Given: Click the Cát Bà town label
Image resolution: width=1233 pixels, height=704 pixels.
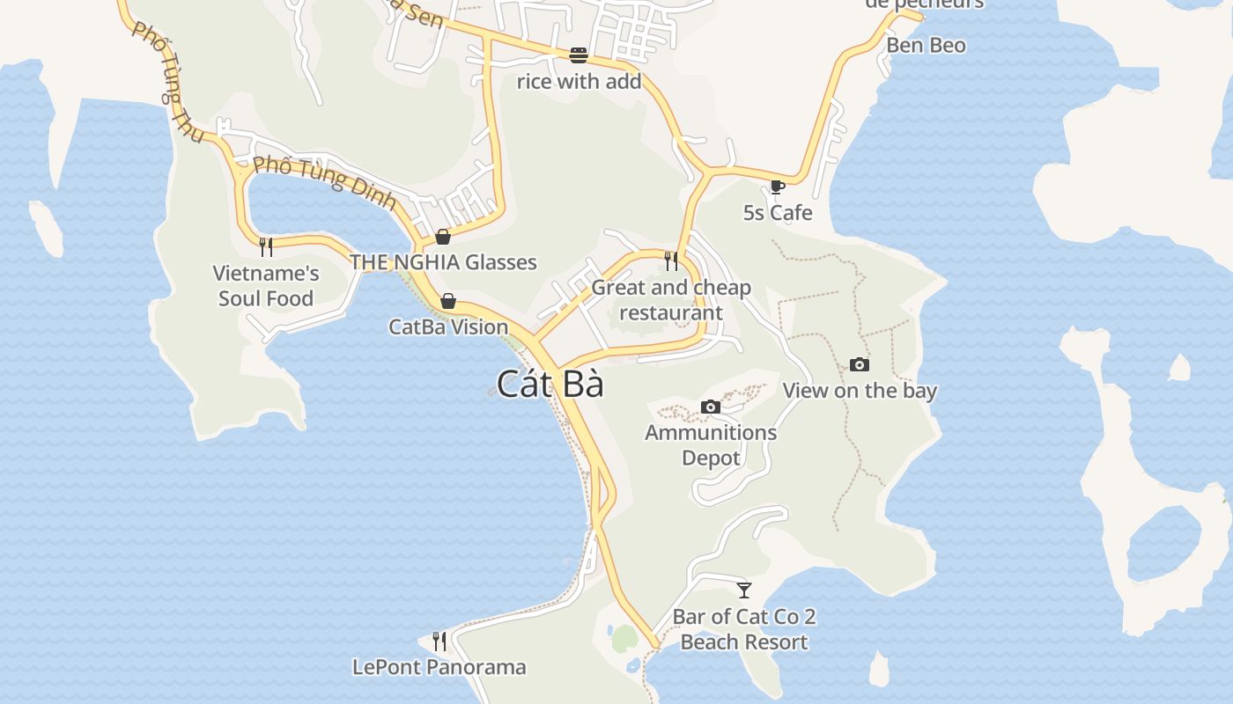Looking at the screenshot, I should pyautogui.click(x=550, y=385).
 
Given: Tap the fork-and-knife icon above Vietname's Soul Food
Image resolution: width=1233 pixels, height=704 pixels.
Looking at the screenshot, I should pyautogui.click(x=266, y=246).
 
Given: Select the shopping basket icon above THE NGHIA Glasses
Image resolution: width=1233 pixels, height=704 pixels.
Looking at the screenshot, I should pyautogui.click(x=443, y=236).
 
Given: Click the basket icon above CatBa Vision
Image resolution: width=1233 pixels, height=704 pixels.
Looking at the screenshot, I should pyautogui.click(x=448, y=301).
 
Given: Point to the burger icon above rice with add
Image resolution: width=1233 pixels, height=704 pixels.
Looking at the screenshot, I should pyautogui.click(x=579, y=55).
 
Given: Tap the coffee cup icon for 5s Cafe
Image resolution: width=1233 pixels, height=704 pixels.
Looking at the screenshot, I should pyautogui.click(x=777, y=187).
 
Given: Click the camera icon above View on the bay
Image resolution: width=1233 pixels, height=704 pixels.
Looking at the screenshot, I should pyautogui.click(x=860, y=364).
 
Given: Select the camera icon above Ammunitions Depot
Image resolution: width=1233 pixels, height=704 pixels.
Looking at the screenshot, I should pyautogui.click(x=711, y=407).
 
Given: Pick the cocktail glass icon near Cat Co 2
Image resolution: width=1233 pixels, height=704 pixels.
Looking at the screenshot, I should pyautogui.click(x=744, y=590).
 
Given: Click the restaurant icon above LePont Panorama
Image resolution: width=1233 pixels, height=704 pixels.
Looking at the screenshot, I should pyautogui.click(x=439, y=641).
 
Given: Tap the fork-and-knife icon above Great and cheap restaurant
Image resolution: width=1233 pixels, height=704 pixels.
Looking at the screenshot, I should pyautogui.click(x=671, y=260).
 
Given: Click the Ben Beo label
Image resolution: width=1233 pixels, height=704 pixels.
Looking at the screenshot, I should pyautogui.click(x=926, y=46).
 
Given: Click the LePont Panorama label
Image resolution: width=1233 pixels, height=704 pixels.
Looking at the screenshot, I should pyautogui.click(x=439, y=667).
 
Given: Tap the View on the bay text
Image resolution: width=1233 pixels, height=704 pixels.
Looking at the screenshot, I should pyautogui.click(x=860, y=391).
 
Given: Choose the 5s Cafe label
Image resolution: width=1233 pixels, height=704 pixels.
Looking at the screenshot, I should pyautogui.click(x=778, y=213).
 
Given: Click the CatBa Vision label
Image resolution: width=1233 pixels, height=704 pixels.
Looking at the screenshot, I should pyautogui.click(x=448, y=327).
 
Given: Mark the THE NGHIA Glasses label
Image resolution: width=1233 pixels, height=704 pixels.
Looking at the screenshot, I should pyautogui.click(x=443, y=262).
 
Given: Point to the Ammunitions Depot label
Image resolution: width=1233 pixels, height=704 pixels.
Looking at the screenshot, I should pyautogui.click(x=711, y=445).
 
